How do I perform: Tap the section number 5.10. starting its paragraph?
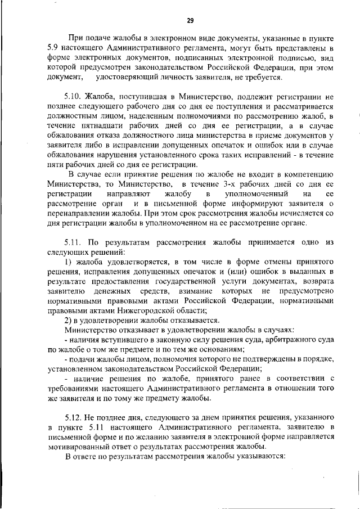(75, 96)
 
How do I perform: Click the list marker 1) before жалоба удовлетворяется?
(69, 262)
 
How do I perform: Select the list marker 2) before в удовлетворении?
(69, 320)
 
